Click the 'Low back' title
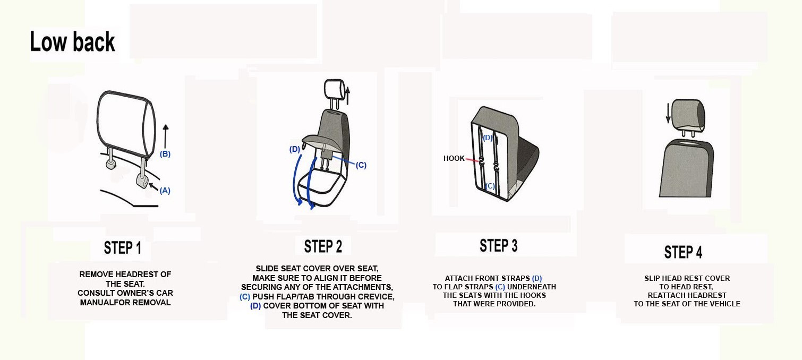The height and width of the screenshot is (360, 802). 72,41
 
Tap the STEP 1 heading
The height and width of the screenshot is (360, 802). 123,247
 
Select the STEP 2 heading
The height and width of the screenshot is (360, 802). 323,246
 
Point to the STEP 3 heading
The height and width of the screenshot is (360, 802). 498,245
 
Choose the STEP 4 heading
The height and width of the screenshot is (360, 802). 683,252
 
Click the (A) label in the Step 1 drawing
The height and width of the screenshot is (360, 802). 165,191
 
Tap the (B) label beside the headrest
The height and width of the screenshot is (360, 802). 165,154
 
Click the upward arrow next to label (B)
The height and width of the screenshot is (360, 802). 165,136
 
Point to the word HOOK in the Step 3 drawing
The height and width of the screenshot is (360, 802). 454,158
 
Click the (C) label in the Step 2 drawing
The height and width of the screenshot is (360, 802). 361,165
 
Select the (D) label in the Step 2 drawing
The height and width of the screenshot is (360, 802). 295,149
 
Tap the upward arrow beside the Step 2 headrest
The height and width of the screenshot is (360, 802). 347,96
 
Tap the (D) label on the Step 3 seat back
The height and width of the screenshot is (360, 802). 488,138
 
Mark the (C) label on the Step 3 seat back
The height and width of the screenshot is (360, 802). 490,186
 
